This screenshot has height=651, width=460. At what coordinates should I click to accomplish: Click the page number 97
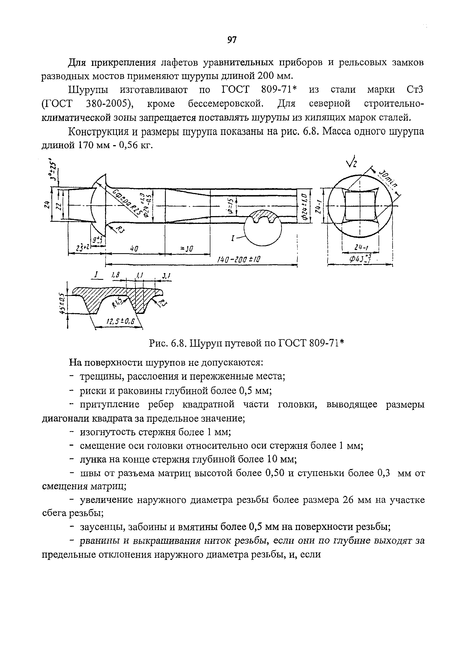[232, 40]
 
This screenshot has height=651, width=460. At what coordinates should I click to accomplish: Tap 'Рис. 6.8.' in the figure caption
[167, 344]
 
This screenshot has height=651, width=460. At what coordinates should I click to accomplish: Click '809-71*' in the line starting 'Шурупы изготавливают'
[279, 90]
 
